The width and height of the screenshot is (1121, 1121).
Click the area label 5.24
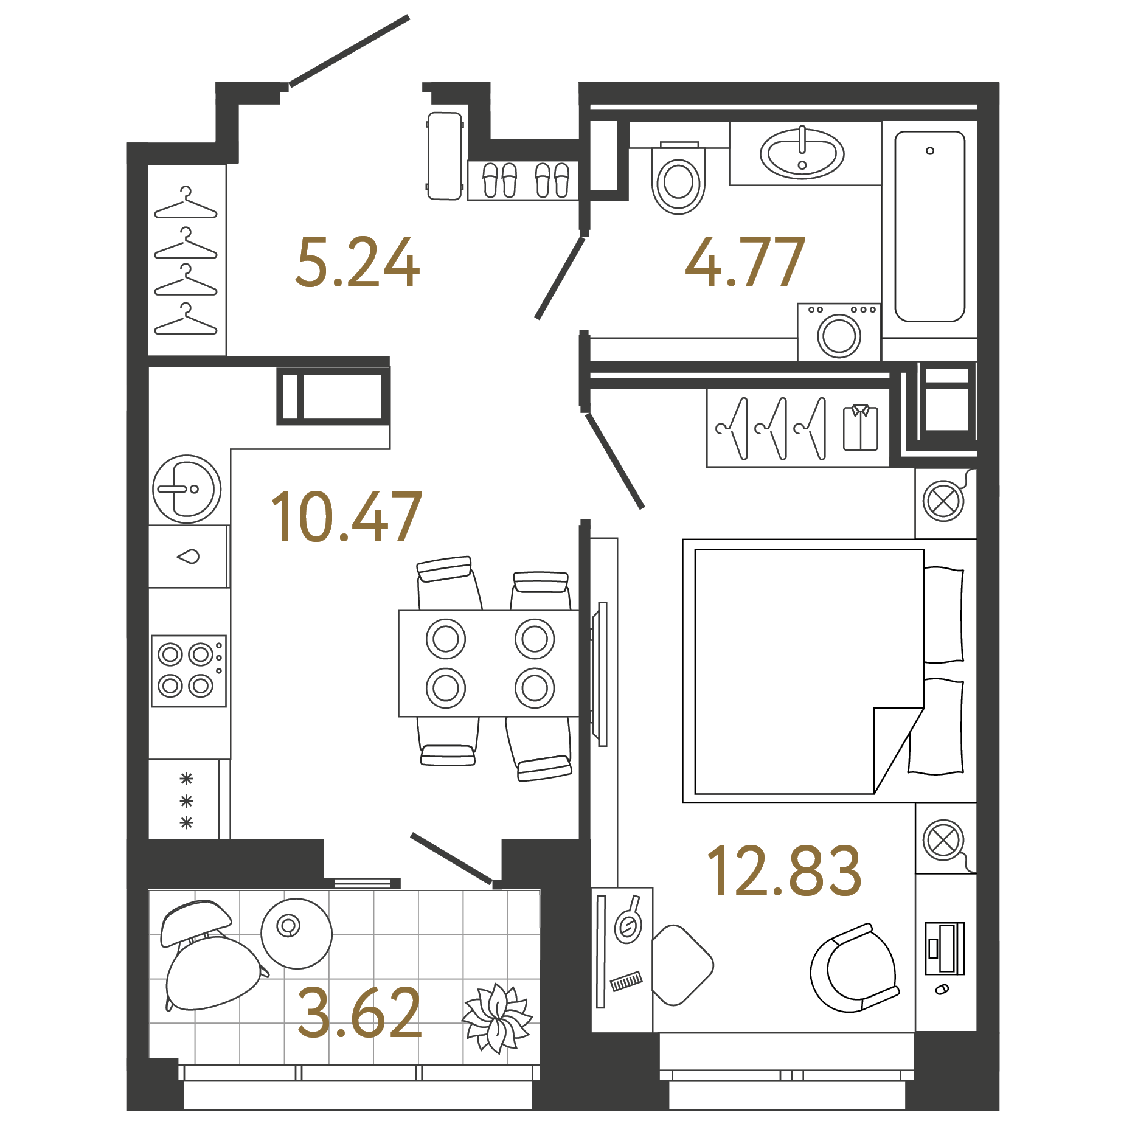click(x=357, y=263)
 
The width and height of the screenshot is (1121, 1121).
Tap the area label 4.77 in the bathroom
click(x=744, y=263)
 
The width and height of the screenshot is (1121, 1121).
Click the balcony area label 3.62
click(x=359, y=1013)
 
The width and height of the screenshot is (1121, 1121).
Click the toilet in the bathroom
click(x=678, y=181)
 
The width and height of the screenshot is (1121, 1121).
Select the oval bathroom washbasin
click(x=802, y=154)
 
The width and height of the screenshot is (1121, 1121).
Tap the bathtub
click(x=929, y=226)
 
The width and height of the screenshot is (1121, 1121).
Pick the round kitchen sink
click(x=187, y=489)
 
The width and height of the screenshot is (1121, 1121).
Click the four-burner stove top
click(x=188, y=671)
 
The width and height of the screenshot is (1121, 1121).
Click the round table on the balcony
click(x=296, y=933)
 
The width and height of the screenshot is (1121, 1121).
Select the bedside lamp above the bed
click(x=943, y=501)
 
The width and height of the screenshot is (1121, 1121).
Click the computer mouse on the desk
click(x=942, y=990)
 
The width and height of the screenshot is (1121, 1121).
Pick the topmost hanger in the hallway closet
click(x=186, y=204)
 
